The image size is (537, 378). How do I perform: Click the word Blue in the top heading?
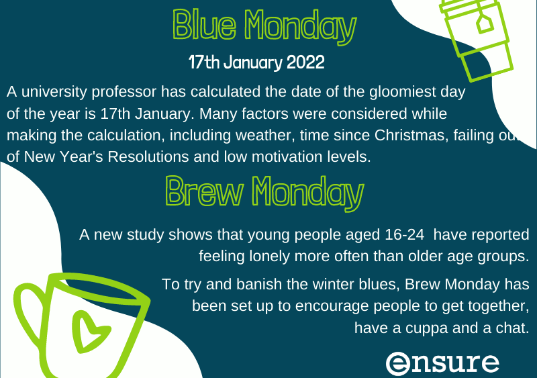click(205, 25)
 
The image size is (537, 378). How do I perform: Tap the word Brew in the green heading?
click(205, 191)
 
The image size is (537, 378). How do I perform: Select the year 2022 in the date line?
click(305, 62)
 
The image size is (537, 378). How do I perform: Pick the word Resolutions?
click(148, 156)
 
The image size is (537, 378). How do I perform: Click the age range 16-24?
click(405, 235)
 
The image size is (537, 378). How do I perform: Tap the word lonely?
click(269, 256)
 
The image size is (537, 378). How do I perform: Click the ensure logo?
click(442, 363)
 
